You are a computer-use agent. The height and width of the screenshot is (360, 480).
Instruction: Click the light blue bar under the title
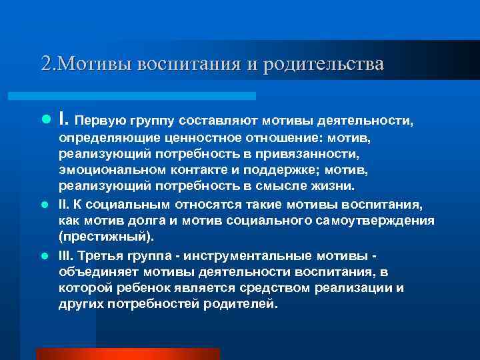(147, 96)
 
